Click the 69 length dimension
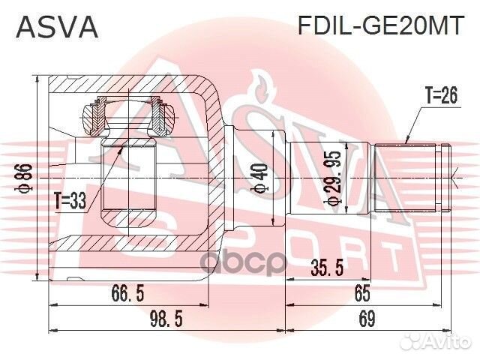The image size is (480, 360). (x=366, y=320)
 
